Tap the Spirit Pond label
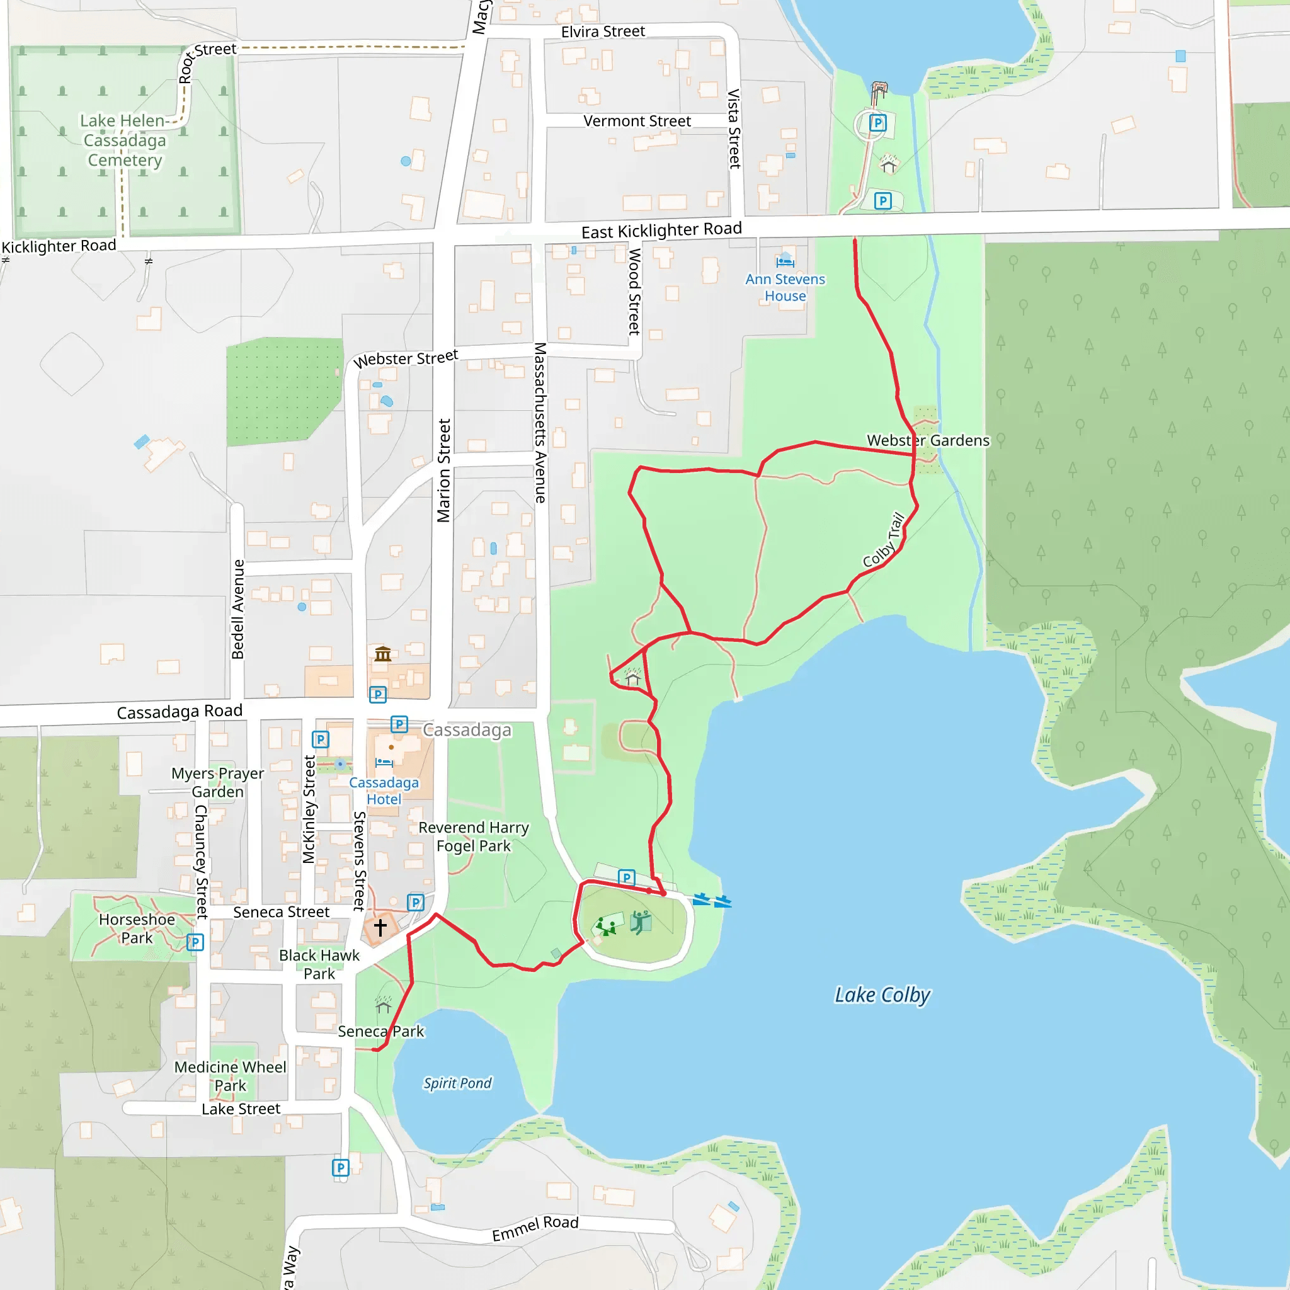tap(457, 1083)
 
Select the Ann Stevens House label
tap(785, 287)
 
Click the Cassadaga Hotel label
tap(384, 791)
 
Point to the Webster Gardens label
tap(928, 441)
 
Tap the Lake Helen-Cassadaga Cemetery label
tap(124, 140)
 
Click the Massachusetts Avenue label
tap(540, 423)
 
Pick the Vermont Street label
tap(637, 122)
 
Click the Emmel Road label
tap(535, 1228)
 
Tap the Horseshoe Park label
tap(137, 929)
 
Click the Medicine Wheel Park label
tap(231, 1076)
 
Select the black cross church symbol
tap(380, 927)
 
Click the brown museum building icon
tap(382, 654)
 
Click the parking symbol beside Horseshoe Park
tap(195, 942)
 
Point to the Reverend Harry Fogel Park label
tap(474, 836)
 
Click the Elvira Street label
tap(603, 31)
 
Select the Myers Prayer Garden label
tap(218, 782)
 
